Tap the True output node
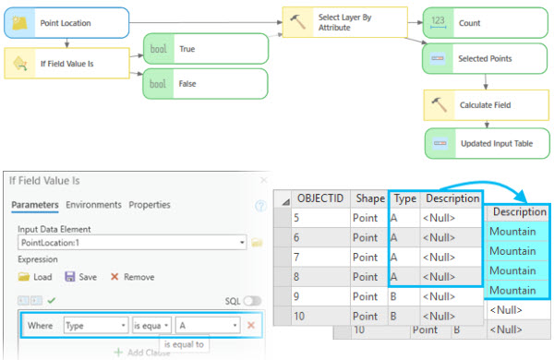tap(205, 48)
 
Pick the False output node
tap(205, 83)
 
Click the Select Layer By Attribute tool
tap(344, 23)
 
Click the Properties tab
tap(150, 204)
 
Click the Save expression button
tap(82, 276)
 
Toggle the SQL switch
tap(252, 301)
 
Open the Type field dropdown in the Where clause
tap(95, 325)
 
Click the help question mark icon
tap(260, 206)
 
